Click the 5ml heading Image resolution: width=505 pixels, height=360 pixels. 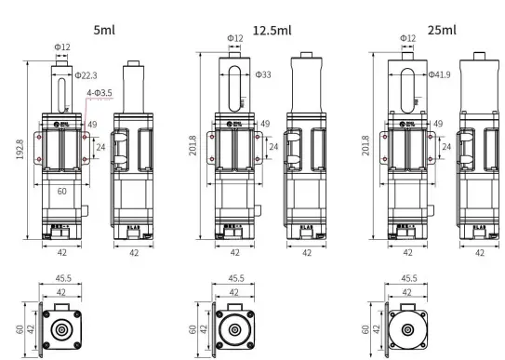[x=105, y=29]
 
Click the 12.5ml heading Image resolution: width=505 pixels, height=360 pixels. [x=272, y=29]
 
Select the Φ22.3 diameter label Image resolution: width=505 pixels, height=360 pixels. [x=86, y=75]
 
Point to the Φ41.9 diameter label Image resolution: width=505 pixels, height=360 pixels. [x=439, y=73]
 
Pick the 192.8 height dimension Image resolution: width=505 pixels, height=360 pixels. [x=20, y=152]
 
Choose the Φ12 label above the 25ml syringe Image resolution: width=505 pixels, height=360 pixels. [x=407, y=38]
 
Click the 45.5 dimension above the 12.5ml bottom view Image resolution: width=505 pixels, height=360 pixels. [x=234, y=277]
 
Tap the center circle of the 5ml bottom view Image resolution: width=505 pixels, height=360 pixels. [x=62, y=329]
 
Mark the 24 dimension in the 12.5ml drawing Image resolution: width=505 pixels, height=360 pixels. [x=273, y=146]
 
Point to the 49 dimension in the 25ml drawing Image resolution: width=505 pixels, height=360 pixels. [x=437, y=123]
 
